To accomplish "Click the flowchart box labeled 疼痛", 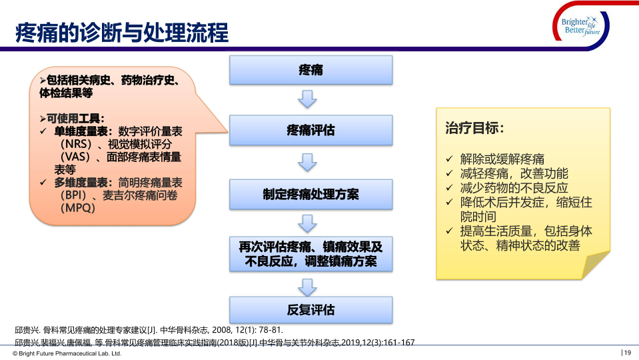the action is point(311,70).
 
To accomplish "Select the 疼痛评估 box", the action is point(311,131).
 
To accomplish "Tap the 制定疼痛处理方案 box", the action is point(311,195).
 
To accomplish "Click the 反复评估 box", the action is point(311,310).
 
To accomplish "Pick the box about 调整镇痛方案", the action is point(311,254).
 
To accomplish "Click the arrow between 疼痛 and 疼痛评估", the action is point(307,99).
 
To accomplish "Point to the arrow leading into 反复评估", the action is point(307,288).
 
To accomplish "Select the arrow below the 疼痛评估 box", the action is point(307,162).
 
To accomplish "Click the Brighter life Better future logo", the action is point(581,26).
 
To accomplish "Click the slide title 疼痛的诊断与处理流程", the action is point(122,33).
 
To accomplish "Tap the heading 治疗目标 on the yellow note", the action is point(474,128).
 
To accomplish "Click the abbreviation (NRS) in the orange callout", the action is point(76,144).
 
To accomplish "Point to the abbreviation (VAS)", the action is point(75,157).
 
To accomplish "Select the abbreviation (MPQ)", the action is point(78,208).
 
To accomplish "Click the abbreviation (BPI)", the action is point(73,195).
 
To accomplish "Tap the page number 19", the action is point(626,353).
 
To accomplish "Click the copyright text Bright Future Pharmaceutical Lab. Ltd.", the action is point(67,353).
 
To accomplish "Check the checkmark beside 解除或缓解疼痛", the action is point(450,159).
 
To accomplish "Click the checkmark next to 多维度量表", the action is point(43,182).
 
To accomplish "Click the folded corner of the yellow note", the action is point(595,265).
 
